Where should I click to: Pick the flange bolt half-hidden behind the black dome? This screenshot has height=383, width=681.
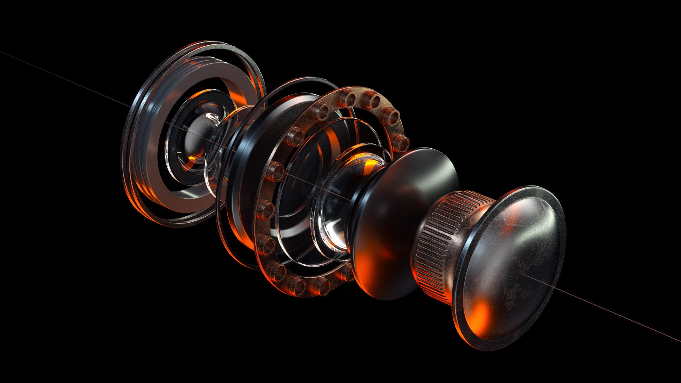point(349,273)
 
